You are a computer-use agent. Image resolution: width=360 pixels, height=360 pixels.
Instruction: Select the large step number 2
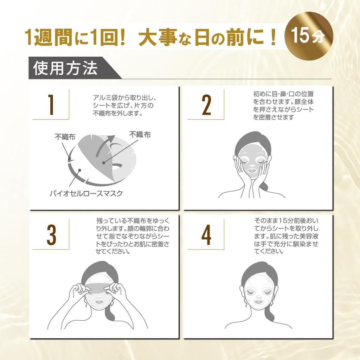coord(206,105)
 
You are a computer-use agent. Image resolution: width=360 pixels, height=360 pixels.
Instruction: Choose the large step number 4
coord(206,234)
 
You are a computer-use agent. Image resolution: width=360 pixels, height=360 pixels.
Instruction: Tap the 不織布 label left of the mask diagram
coord(65,137)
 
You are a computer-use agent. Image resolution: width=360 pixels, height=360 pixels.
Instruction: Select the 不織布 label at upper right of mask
coord(140,134)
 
